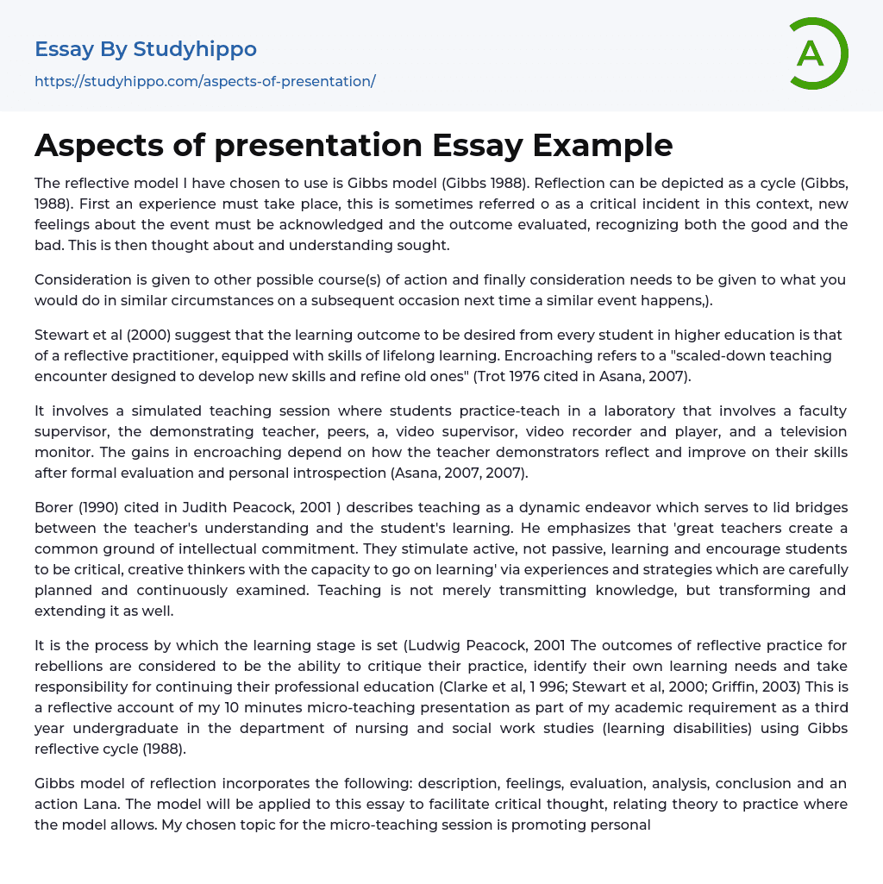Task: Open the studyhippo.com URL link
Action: [x=204, y=81]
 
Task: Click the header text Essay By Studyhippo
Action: [x=146, y=49]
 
